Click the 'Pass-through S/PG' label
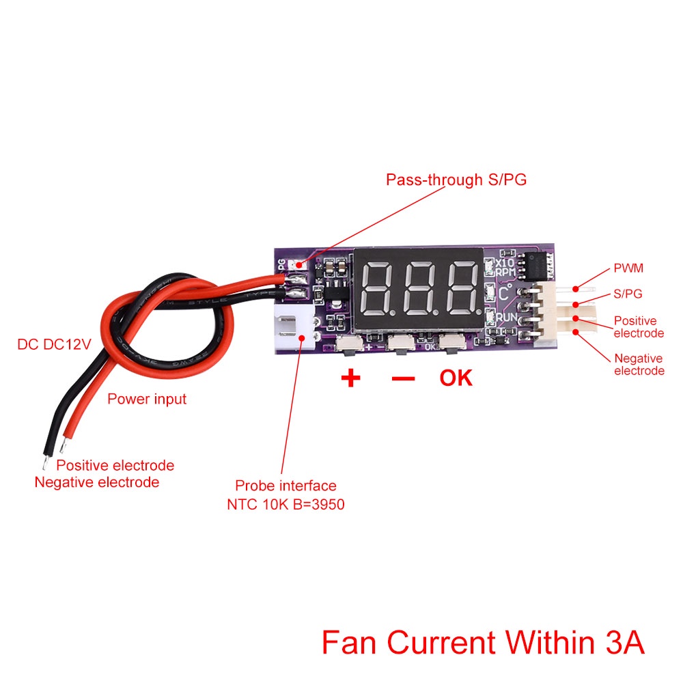coord(456,180)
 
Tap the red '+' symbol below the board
coord(350,378)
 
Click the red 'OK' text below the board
coord(456,378)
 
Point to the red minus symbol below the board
coord(403,378)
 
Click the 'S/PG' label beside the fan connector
coord(628,294)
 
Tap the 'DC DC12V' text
coord(54,344)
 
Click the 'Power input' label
coord(147,399)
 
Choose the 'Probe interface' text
coord(285,486)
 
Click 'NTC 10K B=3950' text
coord(285,505)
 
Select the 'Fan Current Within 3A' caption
coord(483,642)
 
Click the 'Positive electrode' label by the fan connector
coord(639,326)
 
